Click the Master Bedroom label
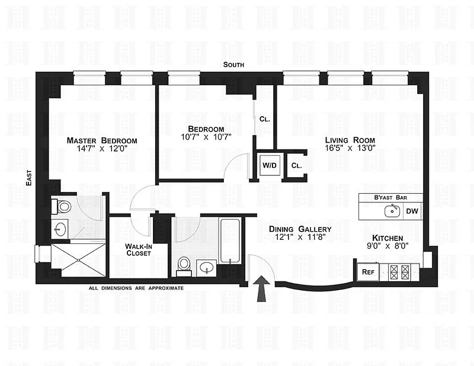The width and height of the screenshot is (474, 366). point(102,140)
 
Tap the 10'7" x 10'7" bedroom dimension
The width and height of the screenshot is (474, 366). point(206,137)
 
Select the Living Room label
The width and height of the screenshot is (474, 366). point(350,140)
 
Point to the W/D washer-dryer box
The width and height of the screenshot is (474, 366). point(270,165)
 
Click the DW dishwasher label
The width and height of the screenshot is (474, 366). point(412,211)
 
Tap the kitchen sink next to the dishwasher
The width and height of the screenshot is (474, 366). point(392,211)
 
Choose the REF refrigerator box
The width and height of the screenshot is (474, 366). point(368,272)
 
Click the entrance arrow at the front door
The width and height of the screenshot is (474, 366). point(262,288)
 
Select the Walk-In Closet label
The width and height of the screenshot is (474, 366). point(139,250)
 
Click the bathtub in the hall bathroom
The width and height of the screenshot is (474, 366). point(230,241)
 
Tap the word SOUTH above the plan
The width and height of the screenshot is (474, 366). point(233,65)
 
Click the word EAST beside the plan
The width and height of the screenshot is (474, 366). point(28,178)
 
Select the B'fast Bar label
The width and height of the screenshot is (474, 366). point(390,198)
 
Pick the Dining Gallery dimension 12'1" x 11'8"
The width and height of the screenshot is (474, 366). point(300,237)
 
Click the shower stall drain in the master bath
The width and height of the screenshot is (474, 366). point(79,260)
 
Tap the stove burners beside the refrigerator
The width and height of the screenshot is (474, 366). point(399,272)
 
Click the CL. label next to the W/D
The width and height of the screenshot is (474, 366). point(296,166)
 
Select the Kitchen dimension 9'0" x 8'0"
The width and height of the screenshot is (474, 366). point(387,246)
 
